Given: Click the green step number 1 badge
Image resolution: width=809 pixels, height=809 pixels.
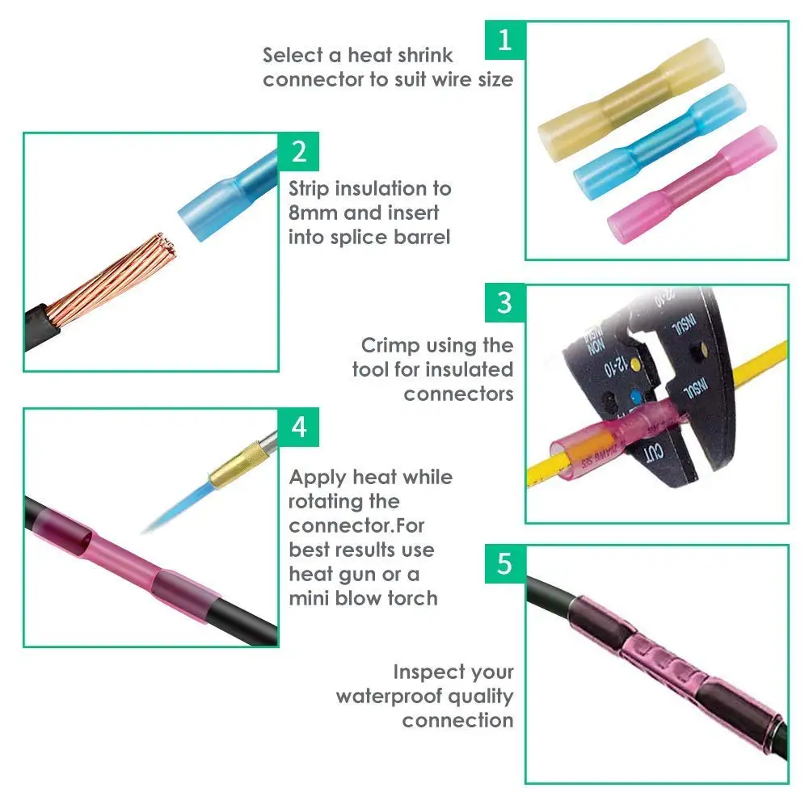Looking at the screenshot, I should (x=505, y=40).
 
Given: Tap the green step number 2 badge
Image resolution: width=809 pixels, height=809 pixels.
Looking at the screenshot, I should (x=299, y=151).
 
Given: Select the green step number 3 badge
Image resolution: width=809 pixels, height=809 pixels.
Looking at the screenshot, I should (x=505, y=303).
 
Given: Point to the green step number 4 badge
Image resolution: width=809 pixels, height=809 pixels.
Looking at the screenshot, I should (x=299, y=426).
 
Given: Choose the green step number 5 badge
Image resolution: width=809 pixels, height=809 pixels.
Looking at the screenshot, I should (x=505, y=563).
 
